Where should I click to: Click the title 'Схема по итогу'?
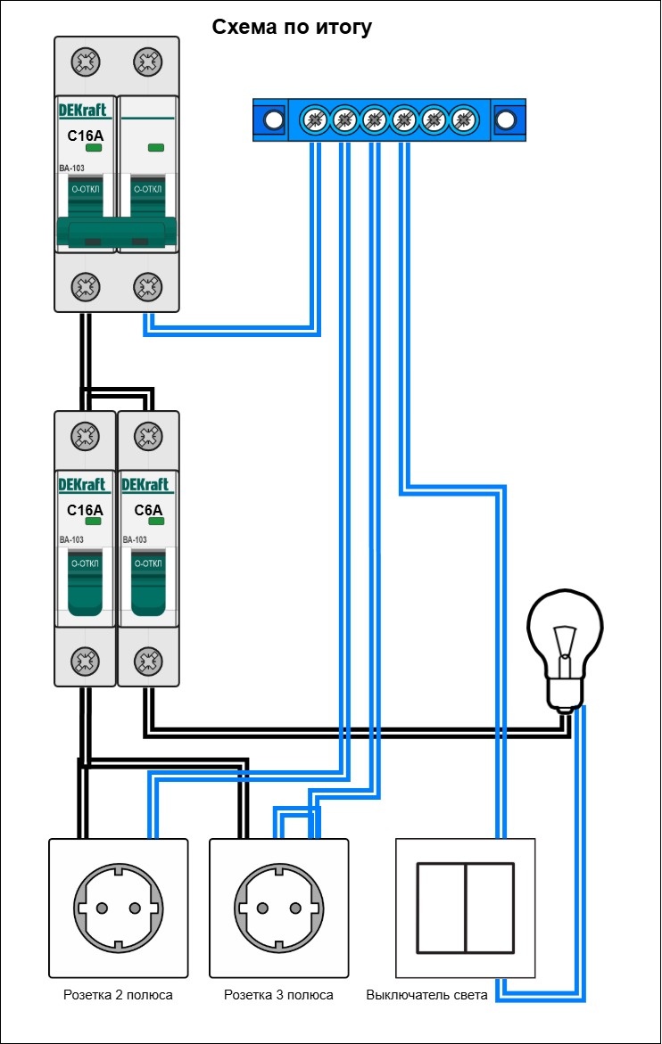pos(292,28)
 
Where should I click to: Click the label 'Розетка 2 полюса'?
pos(118,995)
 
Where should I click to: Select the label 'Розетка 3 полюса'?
pos(278,995)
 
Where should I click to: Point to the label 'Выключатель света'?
pos(426,995)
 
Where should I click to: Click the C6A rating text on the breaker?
pos(148,511)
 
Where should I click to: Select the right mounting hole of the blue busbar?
pos(506,119)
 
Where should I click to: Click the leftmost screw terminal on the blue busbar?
pos(315,119)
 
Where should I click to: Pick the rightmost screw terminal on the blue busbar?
pos(462,119)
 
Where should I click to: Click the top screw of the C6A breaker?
pos(147,437)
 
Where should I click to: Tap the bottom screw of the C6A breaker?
pos(147,661)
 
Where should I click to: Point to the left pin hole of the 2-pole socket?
pos(102,908)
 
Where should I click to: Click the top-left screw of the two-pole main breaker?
pos(86,62)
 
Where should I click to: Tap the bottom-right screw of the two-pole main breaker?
pos(147,286)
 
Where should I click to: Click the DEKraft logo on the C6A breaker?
pos(146,485)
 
